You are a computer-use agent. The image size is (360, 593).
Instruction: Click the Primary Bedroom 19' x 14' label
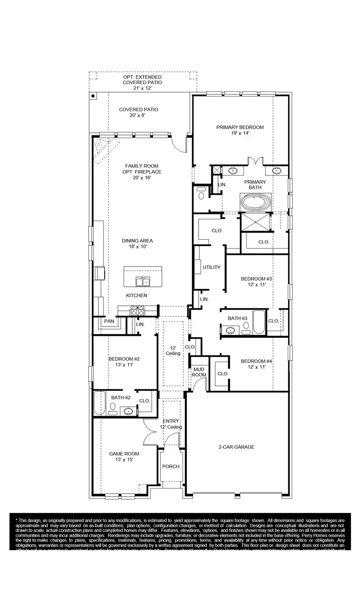(x=240, y=130)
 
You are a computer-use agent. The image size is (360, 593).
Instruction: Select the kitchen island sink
(x=143, y=281)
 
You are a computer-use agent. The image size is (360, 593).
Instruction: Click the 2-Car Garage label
(x=236, y=447)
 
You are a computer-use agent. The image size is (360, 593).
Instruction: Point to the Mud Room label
(x=199, y=372)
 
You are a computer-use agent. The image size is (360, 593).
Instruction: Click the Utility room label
(x=211, y=267)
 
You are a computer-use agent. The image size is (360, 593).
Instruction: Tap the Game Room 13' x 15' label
(x=124, y=456)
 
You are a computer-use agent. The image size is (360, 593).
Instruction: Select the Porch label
(x=171, y=466)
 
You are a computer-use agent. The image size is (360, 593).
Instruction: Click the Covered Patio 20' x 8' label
(x=139, y=112)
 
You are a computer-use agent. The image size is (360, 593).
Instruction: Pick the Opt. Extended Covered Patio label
(x=142, y=83)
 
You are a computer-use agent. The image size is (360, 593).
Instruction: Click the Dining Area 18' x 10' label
(x=137, y=244)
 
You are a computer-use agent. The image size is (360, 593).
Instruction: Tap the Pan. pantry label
(x=109, y=321)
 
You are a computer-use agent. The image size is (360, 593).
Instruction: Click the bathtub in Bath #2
(x=99, y=403)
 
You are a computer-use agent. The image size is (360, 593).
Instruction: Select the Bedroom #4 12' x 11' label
(x=256, y=364)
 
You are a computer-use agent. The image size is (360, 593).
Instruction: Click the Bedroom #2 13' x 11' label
(x=121, y=362)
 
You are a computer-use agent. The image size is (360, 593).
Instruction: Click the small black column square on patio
(x=93, y=95)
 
